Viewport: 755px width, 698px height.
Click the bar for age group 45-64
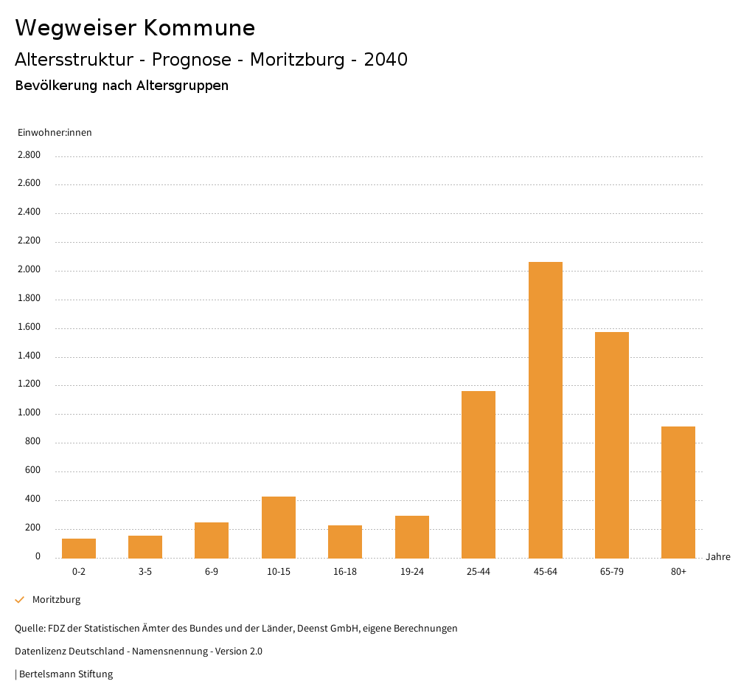(x=545, y=410)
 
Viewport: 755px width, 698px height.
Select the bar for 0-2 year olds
(x=79, y=548)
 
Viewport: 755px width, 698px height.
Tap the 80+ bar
(x=678, y=492)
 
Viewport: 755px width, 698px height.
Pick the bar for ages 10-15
(x=279, y=527)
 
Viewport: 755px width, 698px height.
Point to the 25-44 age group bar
(x=479, y=474)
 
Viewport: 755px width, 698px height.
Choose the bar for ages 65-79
(x=612, y=445)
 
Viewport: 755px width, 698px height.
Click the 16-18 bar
(x=345, y=542)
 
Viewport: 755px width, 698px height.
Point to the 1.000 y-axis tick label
(x=28, y=413)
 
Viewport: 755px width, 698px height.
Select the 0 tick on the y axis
(x=38, y=556)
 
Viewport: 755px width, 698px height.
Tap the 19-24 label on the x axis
(x=412, y=572)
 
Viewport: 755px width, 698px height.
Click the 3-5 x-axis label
(x=145, y=572)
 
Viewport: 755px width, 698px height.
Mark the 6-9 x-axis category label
(x=212, y=572)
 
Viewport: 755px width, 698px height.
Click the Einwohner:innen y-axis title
(x=55, y=133)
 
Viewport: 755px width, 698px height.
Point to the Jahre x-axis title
(x=718, y=557)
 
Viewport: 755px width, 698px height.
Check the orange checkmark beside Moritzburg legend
(x=20, y=600)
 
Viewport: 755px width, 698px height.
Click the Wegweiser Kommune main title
(x=135, y=28)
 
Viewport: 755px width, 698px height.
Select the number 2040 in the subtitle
(x=386, y=60)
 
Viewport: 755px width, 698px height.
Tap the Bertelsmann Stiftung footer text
(x=66, y=674)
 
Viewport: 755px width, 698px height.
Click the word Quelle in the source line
(x=29, y=629)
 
